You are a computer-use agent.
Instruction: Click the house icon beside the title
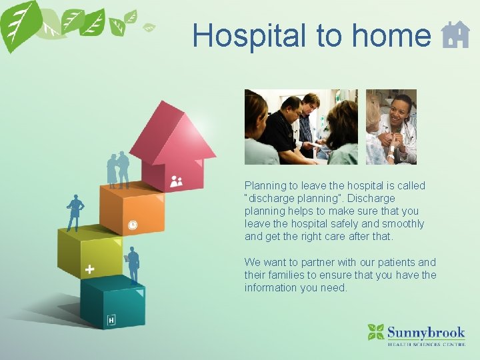[x=455, y=35]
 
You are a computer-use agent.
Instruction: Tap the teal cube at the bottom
[x=113, y=303]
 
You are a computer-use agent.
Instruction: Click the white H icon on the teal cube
[x=111, y=321]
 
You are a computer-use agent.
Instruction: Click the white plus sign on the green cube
[x=89, y=269]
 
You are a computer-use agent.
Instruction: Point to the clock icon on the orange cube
[x=133, y=225]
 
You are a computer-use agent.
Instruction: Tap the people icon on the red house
[x=176, y=181]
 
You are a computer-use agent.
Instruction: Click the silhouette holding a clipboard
[x=133, y=265]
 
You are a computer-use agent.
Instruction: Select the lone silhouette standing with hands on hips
[x=75, y=213]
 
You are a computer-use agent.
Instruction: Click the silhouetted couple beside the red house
[x=118, y=170]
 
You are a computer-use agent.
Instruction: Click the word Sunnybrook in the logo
[x=426, y=331]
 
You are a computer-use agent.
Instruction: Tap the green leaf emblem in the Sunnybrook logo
[x=376, y=331]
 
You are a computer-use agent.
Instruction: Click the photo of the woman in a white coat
[x=391, y=127]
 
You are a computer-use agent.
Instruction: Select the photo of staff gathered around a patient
[x=301, y=127]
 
